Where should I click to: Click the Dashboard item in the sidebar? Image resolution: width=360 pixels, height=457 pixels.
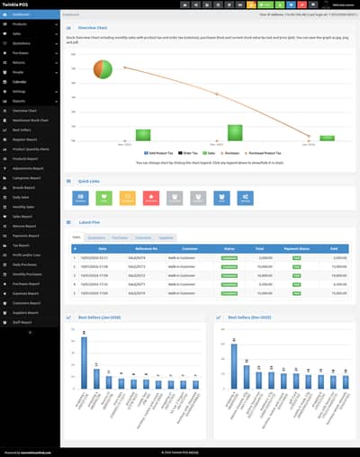click(22, 15)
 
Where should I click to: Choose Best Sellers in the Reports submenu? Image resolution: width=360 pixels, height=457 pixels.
click(22, 130)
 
